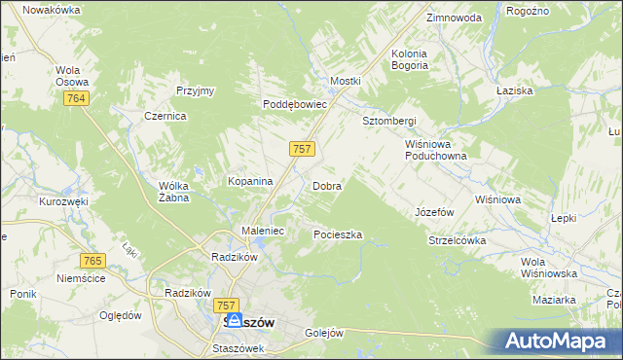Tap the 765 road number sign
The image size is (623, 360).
93,260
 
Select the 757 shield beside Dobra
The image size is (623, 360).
302,148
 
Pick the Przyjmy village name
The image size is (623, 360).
195,90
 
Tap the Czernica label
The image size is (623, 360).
165,115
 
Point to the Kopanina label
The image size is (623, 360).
249,181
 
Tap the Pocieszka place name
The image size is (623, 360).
338,234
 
